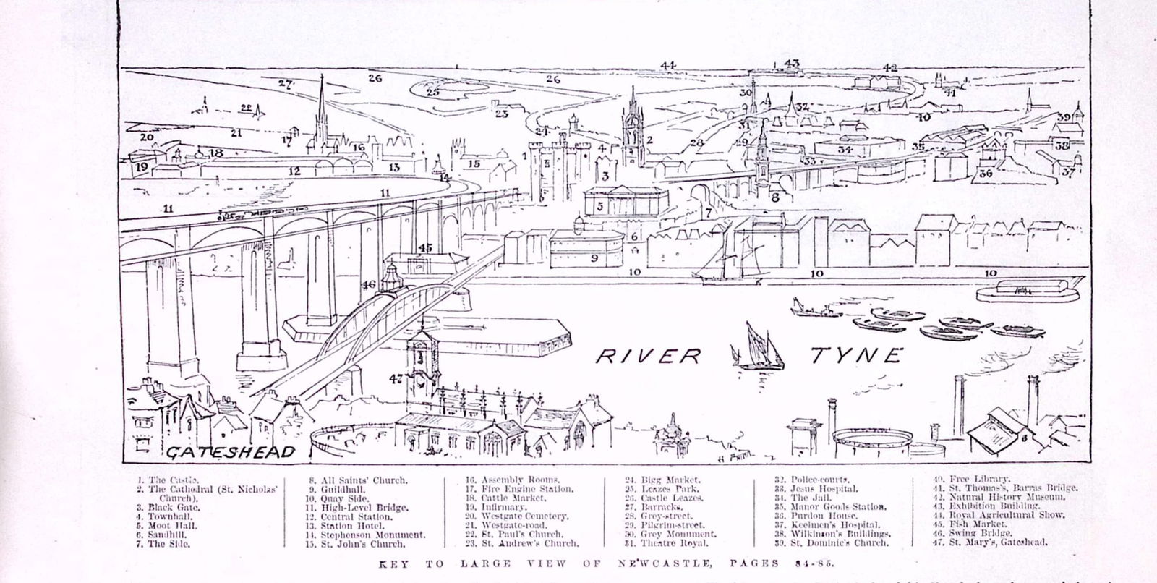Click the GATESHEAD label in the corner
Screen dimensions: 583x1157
click(231, 453)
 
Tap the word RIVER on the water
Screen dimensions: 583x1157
click(649, 355)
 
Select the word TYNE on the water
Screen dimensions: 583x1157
click(857, 354)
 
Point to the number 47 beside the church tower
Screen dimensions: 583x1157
click(395, 378)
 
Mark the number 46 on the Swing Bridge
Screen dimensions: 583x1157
click(369, 285)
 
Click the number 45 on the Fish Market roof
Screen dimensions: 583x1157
click(425, 248)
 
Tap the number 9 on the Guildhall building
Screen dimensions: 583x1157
click(594, 258)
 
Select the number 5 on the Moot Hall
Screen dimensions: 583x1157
click(600, 206)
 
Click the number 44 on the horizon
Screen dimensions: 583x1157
click(667, 66)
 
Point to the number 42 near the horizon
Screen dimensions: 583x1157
click(889, 67)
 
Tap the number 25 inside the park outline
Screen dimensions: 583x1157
click(432, 92)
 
